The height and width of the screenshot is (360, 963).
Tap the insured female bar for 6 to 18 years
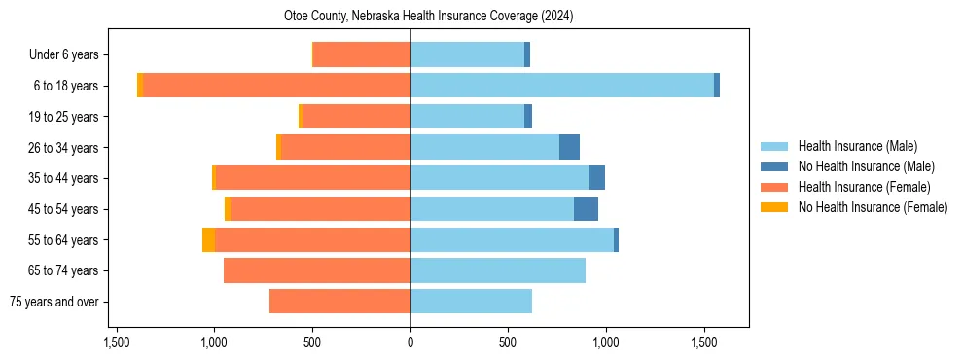277,86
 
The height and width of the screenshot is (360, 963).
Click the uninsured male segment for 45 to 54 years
586,209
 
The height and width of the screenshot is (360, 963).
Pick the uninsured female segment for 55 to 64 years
208,240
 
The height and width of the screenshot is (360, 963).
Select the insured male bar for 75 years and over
471,302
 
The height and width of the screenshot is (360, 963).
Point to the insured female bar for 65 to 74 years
317,270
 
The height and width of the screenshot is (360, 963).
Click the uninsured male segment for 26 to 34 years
569,147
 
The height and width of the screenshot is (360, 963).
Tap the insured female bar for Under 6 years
362,54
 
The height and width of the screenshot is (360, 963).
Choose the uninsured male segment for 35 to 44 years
597,178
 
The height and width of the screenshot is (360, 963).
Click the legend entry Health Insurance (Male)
857,146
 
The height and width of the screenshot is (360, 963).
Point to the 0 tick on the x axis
410,342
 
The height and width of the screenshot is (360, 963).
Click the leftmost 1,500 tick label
116,342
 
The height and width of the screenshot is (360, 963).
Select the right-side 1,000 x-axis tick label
606,342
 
